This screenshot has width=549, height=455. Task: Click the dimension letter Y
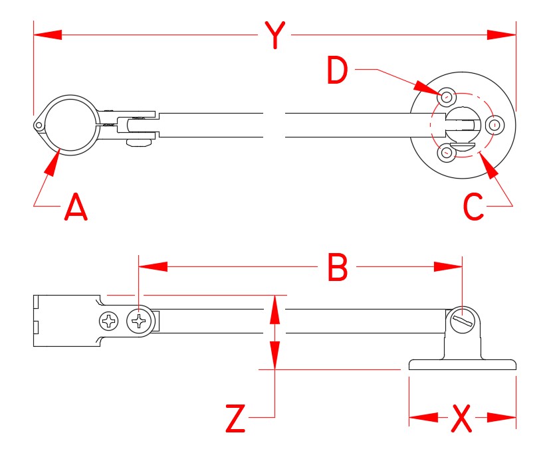pyautogui.click(x=274, y=35)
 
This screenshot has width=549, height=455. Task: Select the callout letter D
pyautogui.click(x=338, y=71)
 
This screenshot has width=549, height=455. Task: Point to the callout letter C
pyautogui.click(x=474, y=207)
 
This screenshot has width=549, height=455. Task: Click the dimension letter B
pyautogui.click(x=338, y=267)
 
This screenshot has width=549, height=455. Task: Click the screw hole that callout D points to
pyautogui.click(x=447, y=96)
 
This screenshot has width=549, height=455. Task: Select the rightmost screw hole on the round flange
pyautogui.click(x=496, y=125)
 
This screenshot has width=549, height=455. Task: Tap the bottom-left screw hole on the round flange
pyautogui.click(x=446, y=153)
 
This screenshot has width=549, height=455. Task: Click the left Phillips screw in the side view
pyautogui.click(x=108, y=322)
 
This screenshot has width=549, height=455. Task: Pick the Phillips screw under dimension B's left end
pyautogui.click(x=139, y=322)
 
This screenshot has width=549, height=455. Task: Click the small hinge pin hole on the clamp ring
pyautogui.click(x=39, y=125)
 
